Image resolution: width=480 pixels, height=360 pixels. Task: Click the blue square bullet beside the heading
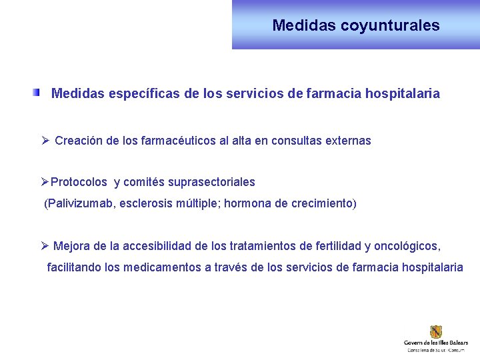37,93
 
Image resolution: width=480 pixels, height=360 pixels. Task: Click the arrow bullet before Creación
45,141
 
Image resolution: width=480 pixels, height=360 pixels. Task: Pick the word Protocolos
79,182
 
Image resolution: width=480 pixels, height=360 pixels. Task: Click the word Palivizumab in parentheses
80,203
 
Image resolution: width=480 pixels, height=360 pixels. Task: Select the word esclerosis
145,203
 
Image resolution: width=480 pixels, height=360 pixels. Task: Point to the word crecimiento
322,203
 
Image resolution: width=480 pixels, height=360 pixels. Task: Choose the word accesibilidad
155,247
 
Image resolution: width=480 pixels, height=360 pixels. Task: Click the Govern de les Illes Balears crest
436,332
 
